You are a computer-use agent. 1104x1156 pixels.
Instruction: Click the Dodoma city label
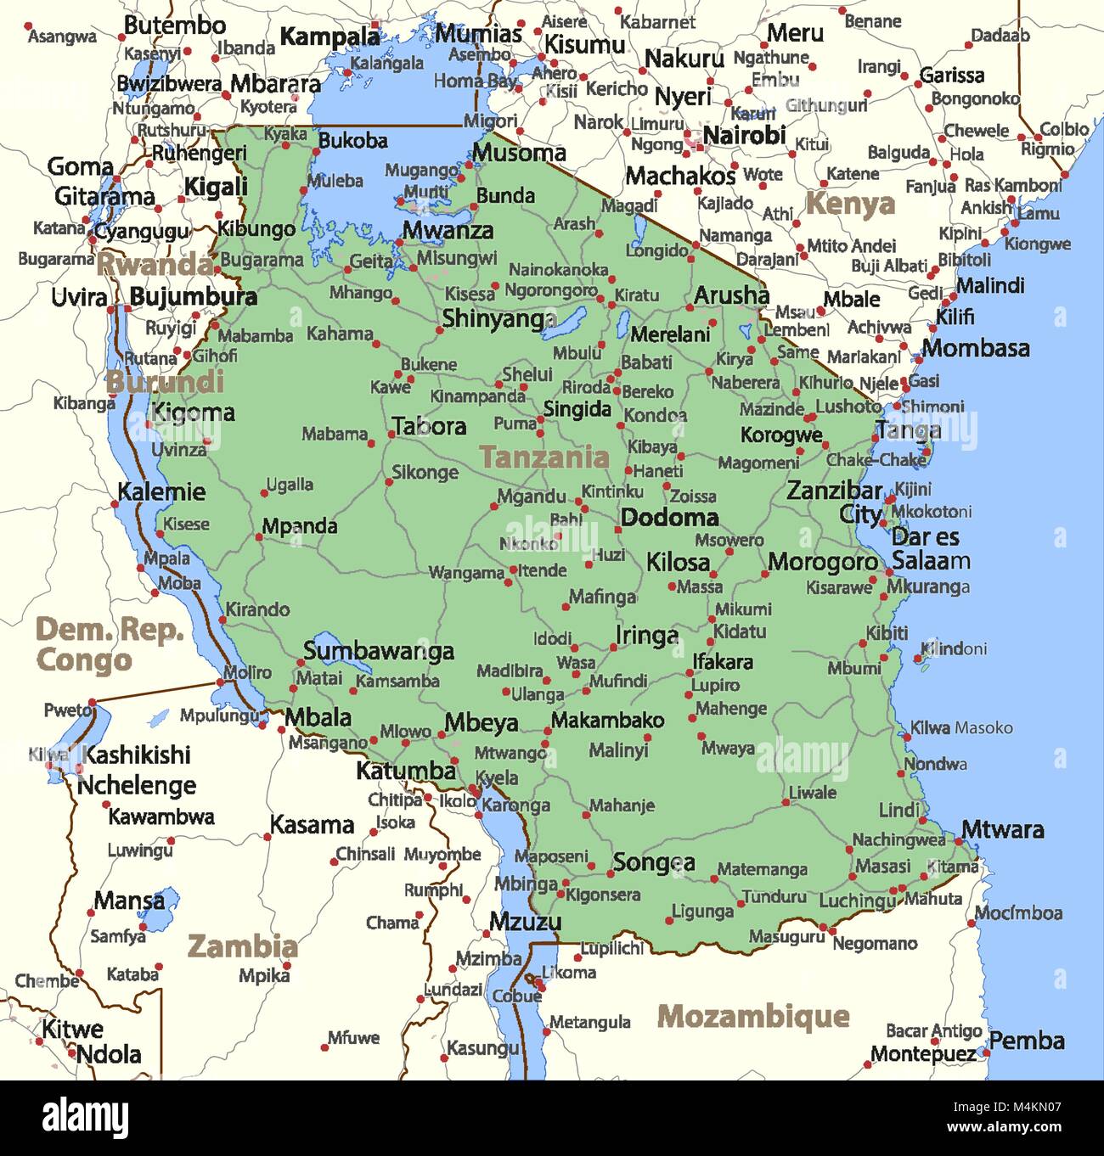(669, 517)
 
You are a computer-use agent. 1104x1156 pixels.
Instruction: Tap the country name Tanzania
(544, 457)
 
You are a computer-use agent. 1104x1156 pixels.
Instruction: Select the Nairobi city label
(744, 135)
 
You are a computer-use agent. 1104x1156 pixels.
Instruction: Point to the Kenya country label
(850, 204)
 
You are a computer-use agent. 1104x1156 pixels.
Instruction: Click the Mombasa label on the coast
(976, 348)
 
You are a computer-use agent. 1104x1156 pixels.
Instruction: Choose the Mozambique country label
(753, 1016)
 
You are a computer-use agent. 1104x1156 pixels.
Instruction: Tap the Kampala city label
(330, 36)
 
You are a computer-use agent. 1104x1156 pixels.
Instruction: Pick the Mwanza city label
(448, 230)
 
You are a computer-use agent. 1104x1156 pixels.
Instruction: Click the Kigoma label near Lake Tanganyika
(193, 413)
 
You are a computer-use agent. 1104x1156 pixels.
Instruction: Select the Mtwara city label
(1002, 829)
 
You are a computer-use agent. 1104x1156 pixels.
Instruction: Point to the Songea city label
(654, 863)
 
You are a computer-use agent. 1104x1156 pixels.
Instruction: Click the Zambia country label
(242, 946)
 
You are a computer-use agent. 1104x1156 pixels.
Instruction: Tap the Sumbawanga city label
(379, 651)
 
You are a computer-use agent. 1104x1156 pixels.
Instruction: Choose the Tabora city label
(429, 426)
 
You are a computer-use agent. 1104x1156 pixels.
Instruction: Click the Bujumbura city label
(194, 297)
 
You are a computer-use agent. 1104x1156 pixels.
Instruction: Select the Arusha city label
(731, 295)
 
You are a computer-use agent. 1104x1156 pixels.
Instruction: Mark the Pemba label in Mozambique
(1027, 1041)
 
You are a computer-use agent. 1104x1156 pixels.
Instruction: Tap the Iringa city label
(647, 636)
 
